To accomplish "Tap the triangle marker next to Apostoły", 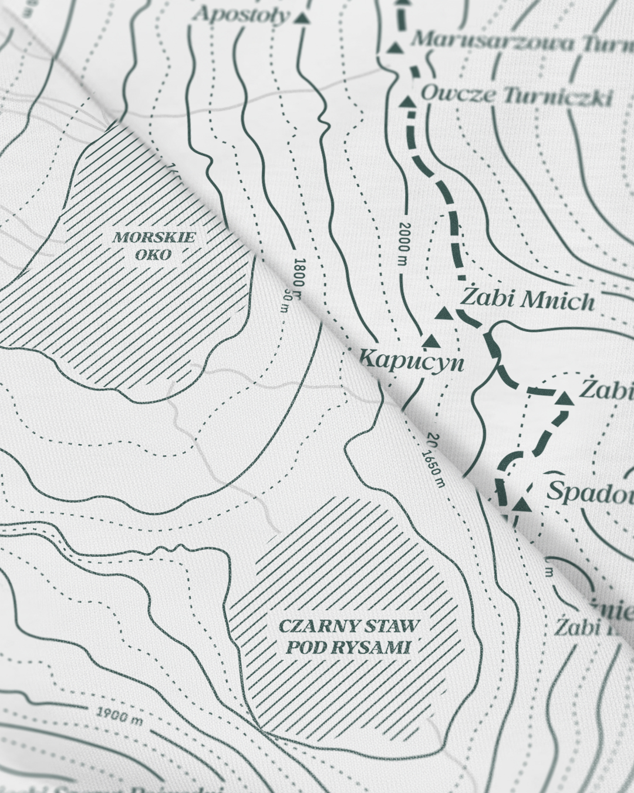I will (x=302, y=18).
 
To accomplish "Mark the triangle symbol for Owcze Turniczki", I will (x=407, y=102).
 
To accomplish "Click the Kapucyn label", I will (x=412, y=361).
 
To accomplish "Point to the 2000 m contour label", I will (x=403, y=243).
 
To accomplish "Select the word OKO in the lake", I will (x=152, y=255).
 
